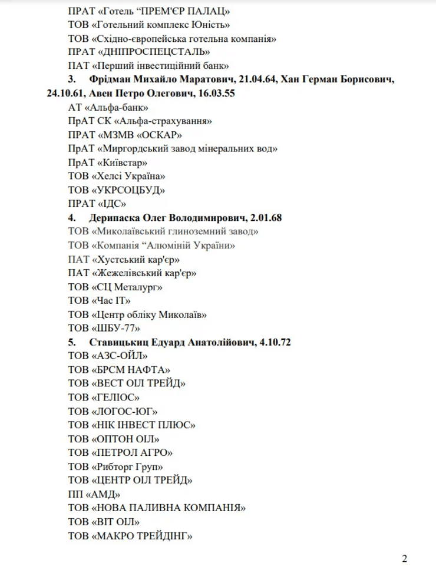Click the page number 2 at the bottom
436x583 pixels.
coord(404,559)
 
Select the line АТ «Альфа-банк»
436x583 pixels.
coord(108,107)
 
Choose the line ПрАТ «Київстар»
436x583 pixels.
coord(108,162)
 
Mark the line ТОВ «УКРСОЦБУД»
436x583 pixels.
coord(117,190)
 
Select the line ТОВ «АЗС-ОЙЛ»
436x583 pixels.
coord(108,356)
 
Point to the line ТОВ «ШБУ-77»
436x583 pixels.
coord(105,327)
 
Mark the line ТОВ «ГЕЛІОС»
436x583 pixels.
coord(104,397)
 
